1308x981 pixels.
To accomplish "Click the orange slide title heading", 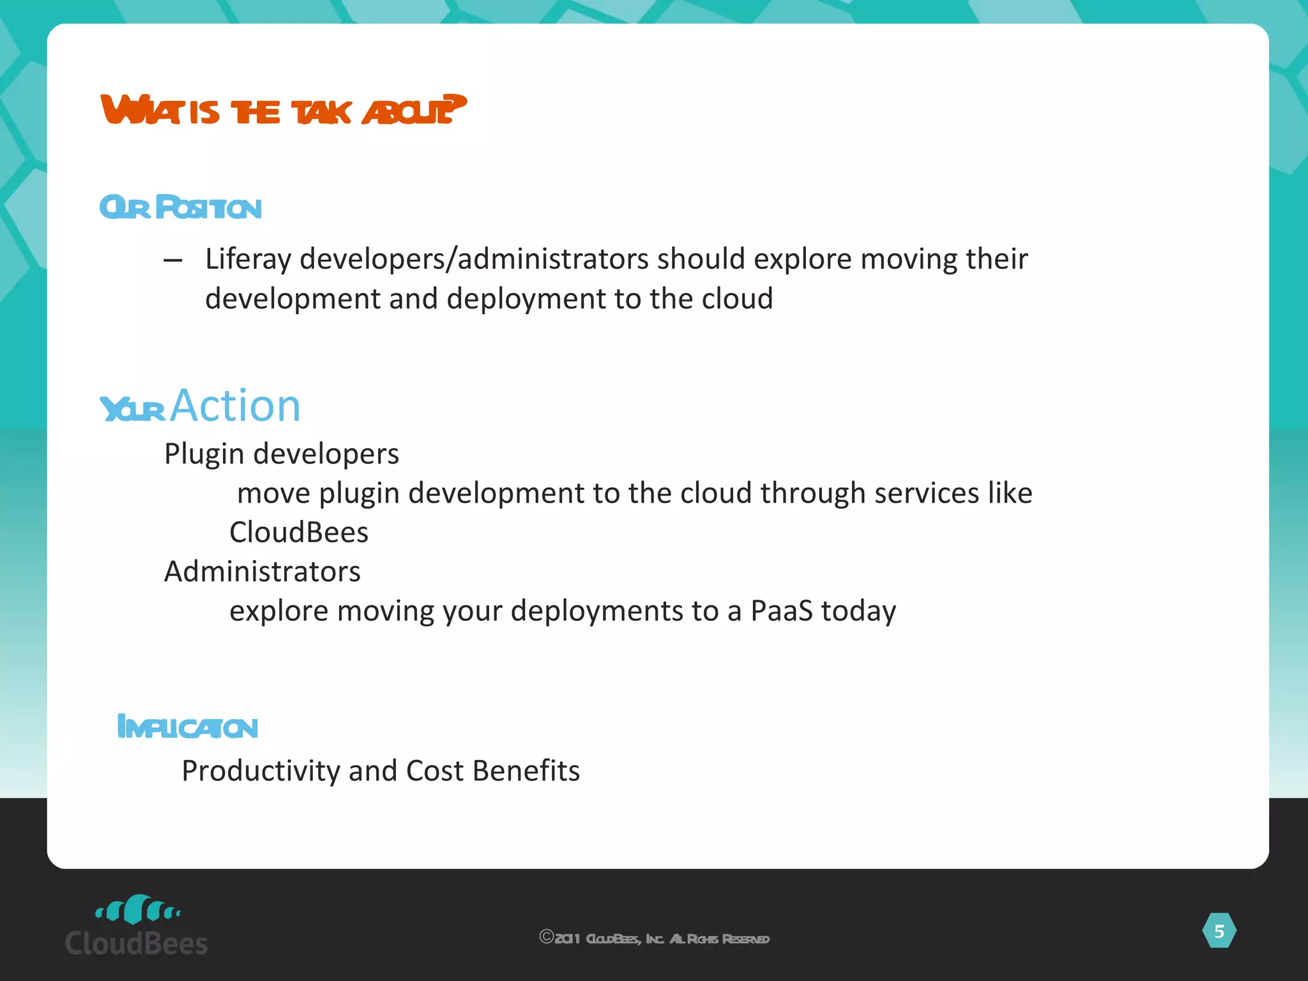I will (283, 110).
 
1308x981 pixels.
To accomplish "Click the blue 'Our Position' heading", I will (181, 208).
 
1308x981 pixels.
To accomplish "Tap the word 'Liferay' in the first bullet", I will (248, 259).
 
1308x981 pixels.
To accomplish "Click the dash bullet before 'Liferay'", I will (172, 260).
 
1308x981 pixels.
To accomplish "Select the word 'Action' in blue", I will (235, 406).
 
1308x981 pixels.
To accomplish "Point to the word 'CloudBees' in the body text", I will (299, 533).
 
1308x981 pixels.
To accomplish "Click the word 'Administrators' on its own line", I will (262, 572).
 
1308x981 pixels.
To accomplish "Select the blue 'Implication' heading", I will (188, 727).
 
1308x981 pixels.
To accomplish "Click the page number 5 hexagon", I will (1219, 931).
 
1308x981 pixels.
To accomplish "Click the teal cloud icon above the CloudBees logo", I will (137, 909).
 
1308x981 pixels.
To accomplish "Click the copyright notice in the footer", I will (654, 938).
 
